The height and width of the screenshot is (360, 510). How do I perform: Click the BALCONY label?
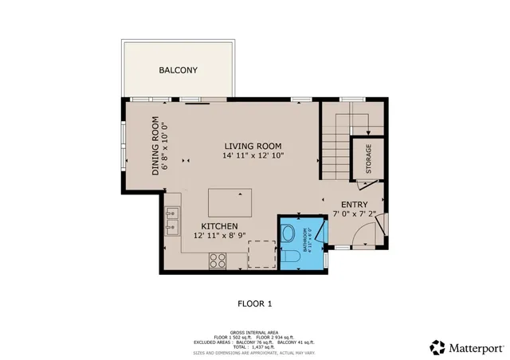pyautogui.click(x=178, y=70)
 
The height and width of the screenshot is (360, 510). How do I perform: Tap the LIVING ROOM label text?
pyautogui.click(x=253, y=146)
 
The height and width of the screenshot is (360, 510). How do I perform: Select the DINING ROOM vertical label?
pyautogui.click(x=156, y=144)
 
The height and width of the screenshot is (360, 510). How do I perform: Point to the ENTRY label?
pyautogui.click(x=354, y=204)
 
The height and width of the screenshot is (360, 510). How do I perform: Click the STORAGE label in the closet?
pyautogui.click(x=368, y=159)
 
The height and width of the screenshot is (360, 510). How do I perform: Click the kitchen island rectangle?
pyautogui.click(x=229, y=202)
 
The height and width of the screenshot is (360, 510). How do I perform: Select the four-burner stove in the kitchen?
pyautogui.click(x=217, y=258)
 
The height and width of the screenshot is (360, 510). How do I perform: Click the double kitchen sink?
pyautogui.click(x=171, y=221)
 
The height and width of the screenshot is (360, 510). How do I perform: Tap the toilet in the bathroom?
pyautogui.click(x=288, y=235)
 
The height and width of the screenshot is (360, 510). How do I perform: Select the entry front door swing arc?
pyautogui.click(x=368, y=233)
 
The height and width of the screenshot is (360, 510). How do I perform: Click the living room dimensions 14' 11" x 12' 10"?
pyautogui.click(x=253, y=156)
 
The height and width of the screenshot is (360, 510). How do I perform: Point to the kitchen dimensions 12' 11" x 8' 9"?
pyautogui.click(x=220, y=237)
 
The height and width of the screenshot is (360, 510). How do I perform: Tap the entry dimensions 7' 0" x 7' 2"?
pyautogui.click(x=354, y=214)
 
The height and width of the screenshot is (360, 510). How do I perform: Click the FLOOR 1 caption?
pyautogui.click(x=255, y=303)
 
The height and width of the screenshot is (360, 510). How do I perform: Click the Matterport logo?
pyautogui.click(x=466, y=347)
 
